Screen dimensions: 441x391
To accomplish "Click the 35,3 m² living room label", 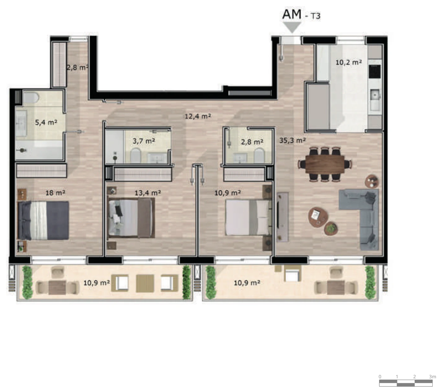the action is coord(292,140).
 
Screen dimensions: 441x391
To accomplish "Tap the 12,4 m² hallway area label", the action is coord(198,116).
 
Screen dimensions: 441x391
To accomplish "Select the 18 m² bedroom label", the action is coord(55,193).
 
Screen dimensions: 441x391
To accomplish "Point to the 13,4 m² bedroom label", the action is coord(148,193).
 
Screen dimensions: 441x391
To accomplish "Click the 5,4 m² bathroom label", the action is coord(46,122).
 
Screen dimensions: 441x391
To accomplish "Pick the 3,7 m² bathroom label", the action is coord(144,141).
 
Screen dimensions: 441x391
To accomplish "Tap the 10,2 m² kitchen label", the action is coord(348,63).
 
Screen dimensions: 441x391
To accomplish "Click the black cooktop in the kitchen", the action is coord(375,71).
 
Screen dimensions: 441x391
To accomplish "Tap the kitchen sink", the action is coord(375,95).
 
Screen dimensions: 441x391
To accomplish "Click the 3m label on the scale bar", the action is coord(432,377).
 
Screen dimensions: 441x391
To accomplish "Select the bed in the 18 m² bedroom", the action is coord(43,220).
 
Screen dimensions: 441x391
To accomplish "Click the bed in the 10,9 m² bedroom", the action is coord(248,218).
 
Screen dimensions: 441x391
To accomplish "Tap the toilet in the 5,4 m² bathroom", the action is coord(31,97).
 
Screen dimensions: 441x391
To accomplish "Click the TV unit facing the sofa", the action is coord(283,217).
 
